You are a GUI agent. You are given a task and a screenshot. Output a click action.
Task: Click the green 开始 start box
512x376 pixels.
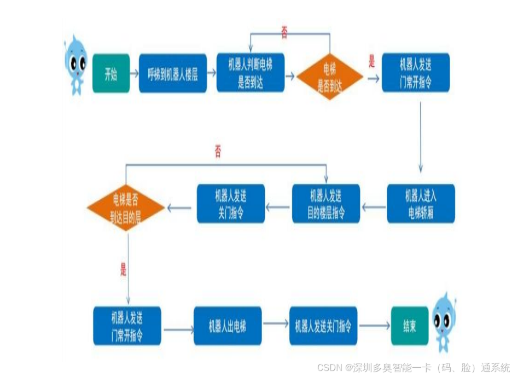(111, 73)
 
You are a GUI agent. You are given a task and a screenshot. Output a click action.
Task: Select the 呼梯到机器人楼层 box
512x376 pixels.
(173, 73)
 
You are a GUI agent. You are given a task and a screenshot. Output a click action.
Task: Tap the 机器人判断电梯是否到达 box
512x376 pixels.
(251, 72)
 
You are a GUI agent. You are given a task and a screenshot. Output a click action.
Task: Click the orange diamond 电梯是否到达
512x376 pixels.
(330, 77)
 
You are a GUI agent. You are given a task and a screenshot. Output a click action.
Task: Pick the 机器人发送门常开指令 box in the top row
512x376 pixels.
(416, 72)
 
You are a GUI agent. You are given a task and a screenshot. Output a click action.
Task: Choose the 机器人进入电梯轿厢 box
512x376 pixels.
(421, 204)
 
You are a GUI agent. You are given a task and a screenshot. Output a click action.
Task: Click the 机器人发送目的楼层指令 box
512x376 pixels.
(326, 204)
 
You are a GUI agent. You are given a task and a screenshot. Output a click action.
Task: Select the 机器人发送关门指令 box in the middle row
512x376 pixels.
(231, 204)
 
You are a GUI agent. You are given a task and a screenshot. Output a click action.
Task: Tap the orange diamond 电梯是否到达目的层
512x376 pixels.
(126, 207)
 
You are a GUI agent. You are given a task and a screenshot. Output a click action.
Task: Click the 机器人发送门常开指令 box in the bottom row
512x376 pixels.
(127, 326)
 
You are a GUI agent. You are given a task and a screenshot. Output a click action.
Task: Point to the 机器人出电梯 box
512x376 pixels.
(228, 326)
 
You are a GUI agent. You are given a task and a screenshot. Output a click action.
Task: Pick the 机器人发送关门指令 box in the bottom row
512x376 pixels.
(323, 326)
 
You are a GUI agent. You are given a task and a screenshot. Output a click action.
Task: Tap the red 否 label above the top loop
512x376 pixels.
(284, 32)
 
